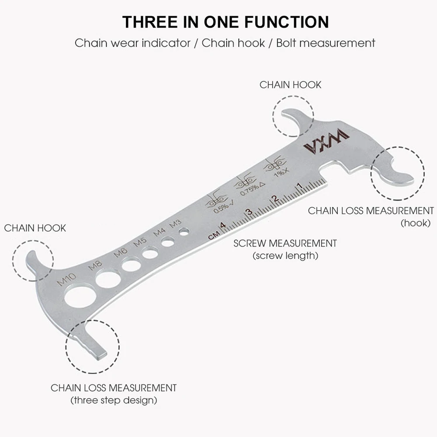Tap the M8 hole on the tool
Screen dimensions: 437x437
point(108,278)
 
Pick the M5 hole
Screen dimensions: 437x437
point(150,252)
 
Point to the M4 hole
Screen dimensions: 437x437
point(168,241)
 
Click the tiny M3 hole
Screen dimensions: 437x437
point(184,231)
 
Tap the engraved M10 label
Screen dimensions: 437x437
point(67,279)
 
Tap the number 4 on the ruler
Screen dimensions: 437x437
point(222,225)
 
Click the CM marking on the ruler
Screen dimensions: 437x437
point(213,236)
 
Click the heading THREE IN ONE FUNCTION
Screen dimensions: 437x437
point(225,22)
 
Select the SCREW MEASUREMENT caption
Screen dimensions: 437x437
point(285,243)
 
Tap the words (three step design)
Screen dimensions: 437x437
point(114,400)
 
